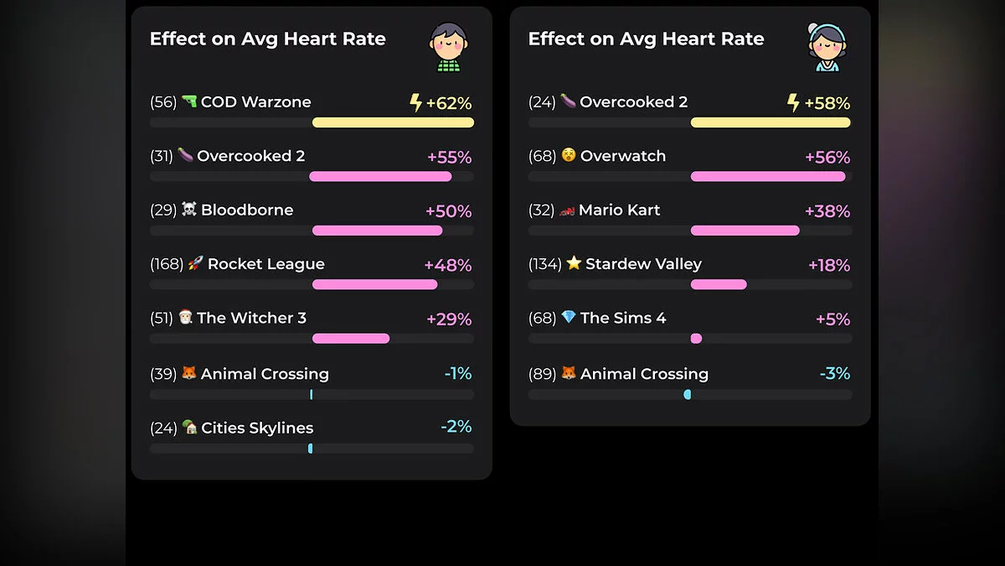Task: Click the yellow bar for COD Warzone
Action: [x=393, y=122]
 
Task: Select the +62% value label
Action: [x=448, y=104]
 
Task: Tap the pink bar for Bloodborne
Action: [x=377, y=231]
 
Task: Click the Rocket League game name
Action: [x=265, y=264]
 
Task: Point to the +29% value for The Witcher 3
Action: [x=449, y=319]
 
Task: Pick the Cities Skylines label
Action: [x=257, y=428]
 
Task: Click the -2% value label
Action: [x=456, y=427]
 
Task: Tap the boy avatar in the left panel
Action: [x=448, y=47]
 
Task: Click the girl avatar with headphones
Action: [x=826, y=47]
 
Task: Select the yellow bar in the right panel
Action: [x=770, y=122]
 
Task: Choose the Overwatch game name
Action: [x=623, y=156]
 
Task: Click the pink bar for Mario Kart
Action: [x=745, y=231]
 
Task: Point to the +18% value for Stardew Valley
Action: [x=828, y=266]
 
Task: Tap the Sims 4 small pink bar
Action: [x=696, y=339]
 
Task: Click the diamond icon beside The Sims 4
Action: [x=569, y=318]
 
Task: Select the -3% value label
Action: [x=835, y=373]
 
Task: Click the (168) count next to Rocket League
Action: [x=167, y=264]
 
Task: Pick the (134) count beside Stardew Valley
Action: [x=545, y=264]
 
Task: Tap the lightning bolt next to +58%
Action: [x=793, y=103]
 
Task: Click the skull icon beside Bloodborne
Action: [x=189, y=210]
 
